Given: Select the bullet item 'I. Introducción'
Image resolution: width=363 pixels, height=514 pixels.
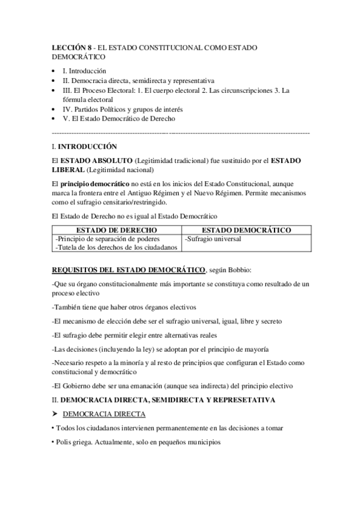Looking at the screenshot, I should point(85,71).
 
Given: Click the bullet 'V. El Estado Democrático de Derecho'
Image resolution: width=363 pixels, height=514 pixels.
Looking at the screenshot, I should point(115,119).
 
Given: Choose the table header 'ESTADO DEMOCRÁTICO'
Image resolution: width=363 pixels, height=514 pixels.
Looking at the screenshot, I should point(246,231).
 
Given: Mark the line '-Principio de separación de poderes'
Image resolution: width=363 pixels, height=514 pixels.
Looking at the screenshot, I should point(107,239).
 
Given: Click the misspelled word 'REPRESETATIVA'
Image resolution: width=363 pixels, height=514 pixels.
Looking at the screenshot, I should point(244,400).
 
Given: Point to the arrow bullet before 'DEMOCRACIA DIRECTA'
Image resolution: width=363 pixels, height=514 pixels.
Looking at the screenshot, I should point(56,415).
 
